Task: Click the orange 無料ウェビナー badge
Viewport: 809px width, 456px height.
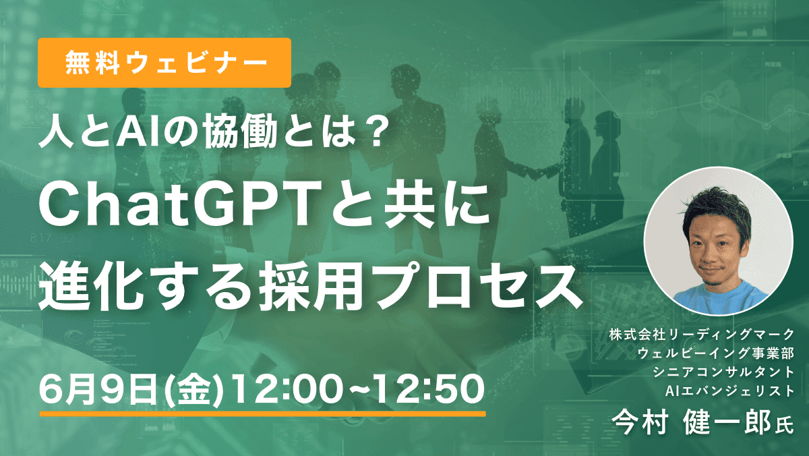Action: coord(164,63)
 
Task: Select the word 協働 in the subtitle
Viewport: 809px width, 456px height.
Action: coord(240,133)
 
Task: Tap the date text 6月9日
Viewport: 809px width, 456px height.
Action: coord(98,389)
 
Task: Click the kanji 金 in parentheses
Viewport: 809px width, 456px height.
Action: coord(194,390)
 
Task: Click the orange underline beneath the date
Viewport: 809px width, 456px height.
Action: coord(262,414)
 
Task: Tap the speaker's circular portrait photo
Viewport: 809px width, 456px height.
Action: coord(718,241)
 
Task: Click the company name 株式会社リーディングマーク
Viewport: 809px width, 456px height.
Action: coord(702,335)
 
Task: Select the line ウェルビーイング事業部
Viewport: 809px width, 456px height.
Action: coord(716,353)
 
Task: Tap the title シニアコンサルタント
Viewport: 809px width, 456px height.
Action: coord(723,372)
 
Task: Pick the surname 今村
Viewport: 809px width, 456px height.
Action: coord(640,422)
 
